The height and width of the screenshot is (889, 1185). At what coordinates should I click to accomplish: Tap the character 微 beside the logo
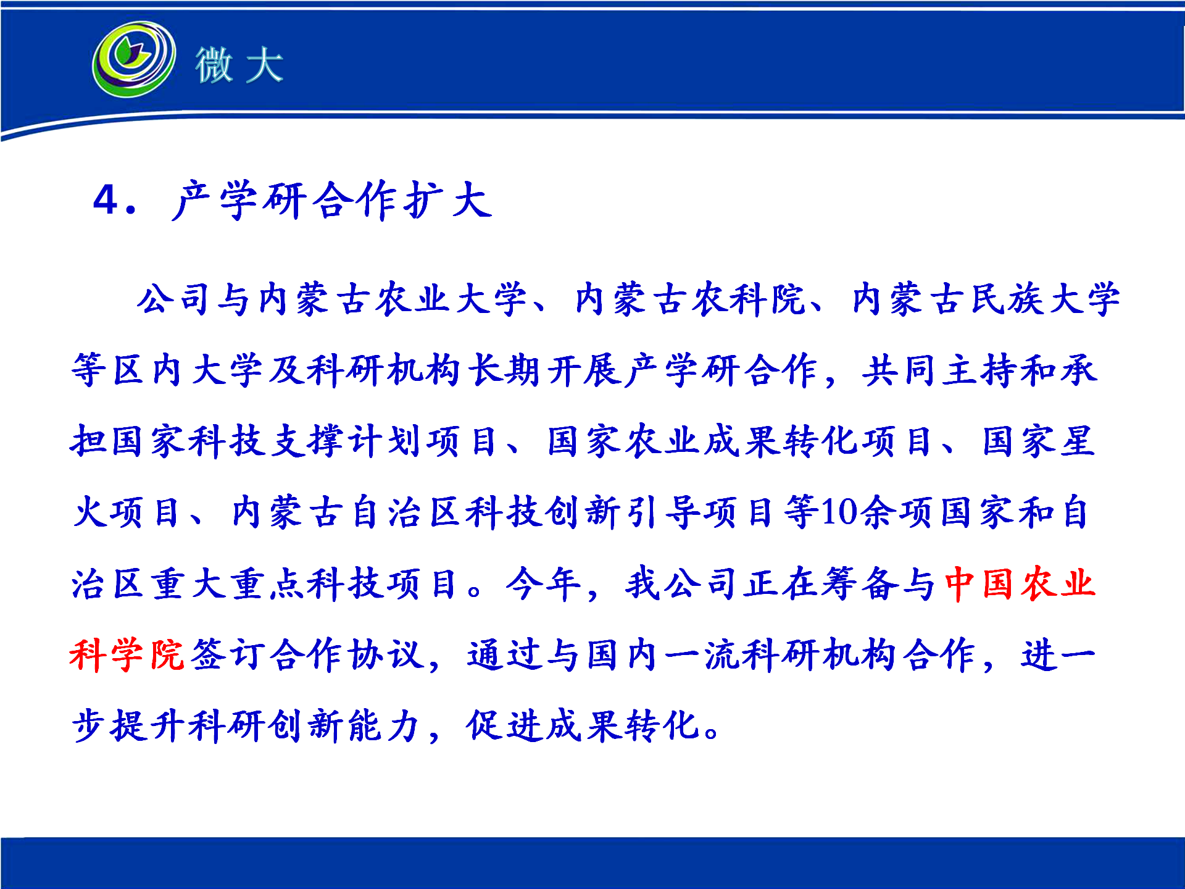(214, 65)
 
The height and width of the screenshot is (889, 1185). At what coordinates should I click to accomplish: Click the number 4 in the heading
(106, 199)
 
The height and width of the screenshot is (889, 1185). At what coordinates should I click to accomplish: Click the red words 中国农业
(1020, 583)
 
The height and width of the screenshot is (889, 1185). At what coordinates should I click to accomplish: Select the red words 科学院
(127, 654)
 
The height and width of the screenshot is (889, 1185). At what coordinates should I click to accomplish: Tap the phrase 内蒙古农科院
(690, 299)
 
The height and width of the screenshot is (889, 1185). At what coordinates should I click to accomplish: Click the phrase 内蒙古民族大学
(986, 299)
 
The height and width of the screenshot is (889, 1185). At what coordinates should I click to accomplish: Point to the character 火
(91, 512)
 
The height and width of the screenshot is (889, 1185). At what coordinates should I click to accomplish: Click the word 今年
(543, 583)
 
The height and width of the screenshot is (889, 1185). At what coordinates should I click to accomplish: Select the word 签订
(228, 654)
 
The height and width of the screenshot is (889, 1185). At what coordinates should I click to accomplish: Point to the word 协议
(386, 654)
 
